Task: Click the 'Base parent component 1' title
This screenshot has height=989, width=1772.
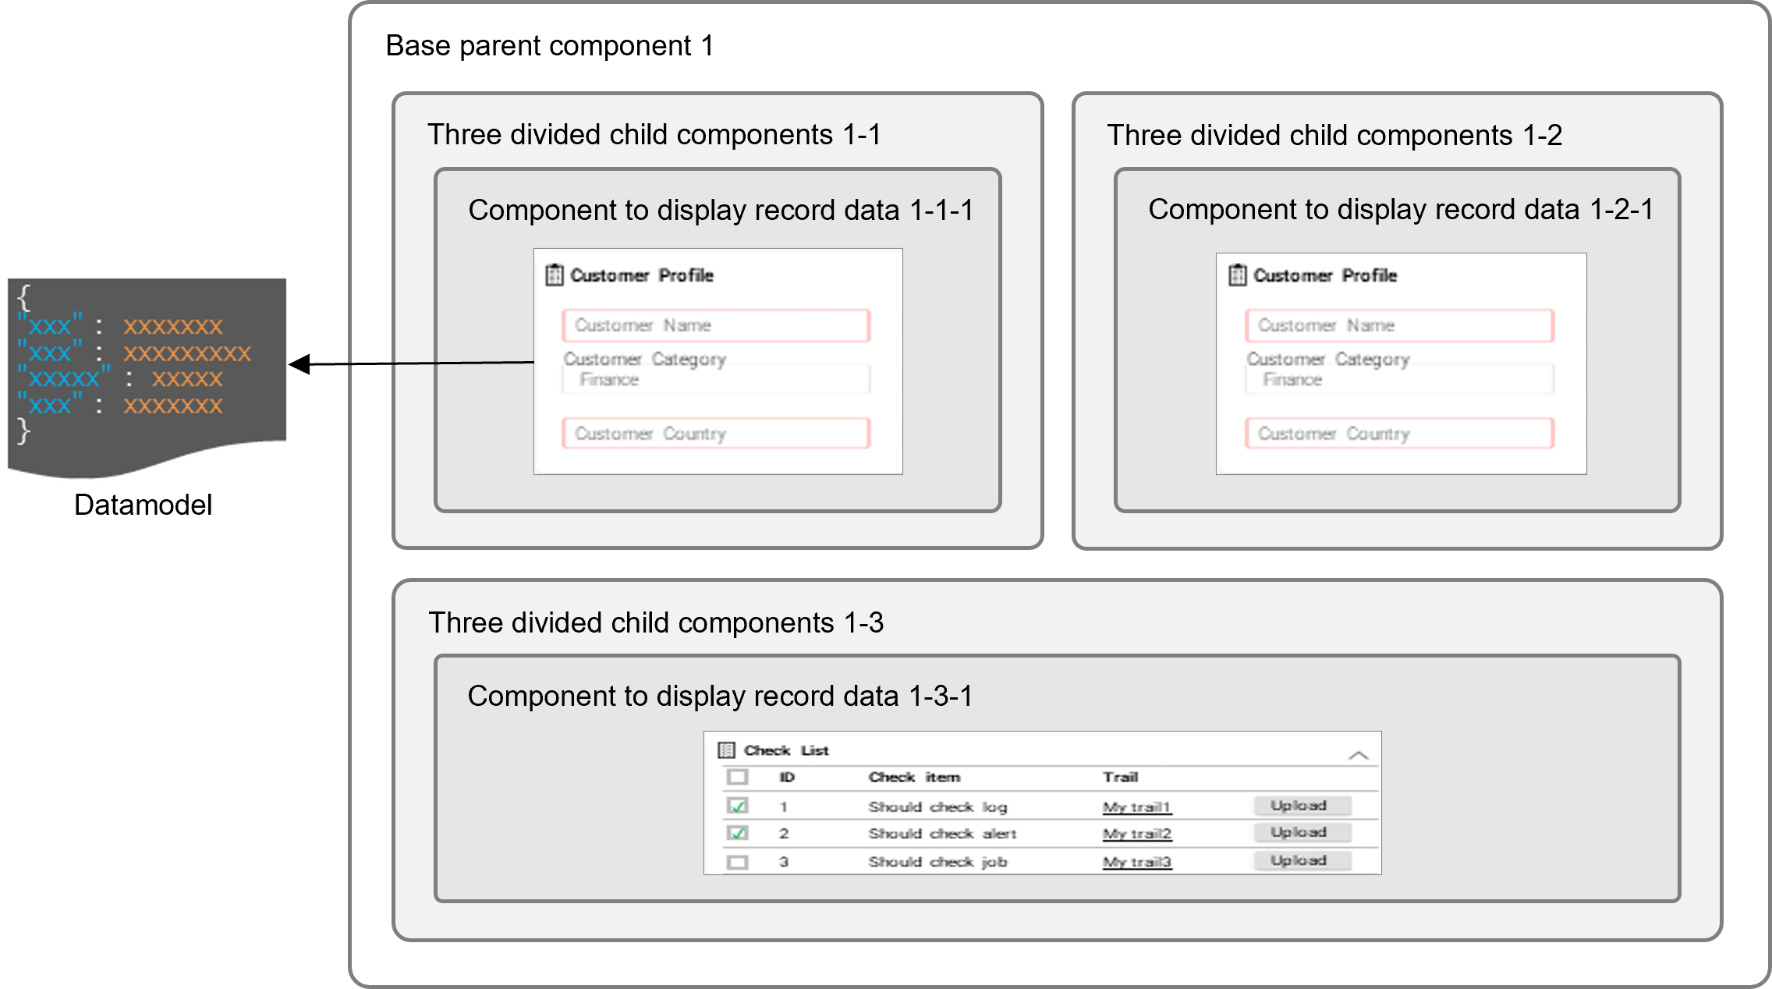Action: pyautogui.click(x=549, y=46)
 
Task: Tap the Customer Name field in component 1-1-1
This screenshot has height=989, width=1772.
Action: pyautogui.click(x=715, y=325)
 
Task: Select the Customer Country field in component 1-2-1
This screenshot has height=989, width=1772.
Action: pyautogui.click(x=1398, y=434)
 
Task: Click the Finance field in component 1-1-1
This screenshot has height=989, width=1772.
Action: pyautogui.click(x=715, y=380)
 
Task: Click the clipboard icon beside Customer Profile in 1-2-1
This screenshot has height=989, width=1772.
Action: pyautogui.click(x=1237, y=275)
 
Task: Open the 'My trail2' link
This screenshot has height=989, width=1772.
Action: pyautogui.click(x=1136, y=834)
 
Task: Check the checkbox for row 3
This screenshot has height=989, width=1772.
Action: pyautogui.click(x=737, y=863)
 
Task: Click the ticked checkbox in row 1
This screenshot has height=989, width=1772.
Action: pyautogui.click(x=737, y=806)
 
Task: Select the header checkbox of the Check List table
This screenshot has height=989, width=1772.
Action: pyautogui.click(x=737, y=777)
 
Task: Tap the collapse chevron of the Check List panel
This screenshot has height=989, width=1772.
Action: pyautogui.click(x=1358, y=755)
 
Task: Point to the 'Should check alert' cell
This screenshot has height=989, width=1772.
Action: pyautogui.click(x=942, y=834)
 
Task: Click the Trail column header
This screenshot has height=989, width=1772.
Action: pyautogui.click(x=1120, y=777)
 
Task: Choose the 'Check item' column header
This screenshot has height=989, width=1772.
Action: pyautogui.click(x=914, y=777)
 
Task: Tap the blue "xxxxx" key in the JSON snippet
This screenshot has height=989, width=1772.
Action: pyautogui.click(x=64, y=379)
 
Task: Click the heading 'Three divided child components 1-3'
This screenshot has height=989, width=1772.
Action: pyautogui.click(x=655, y=622)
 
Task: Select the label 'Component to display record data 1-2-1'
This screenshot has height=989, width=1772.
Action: pyautogui.click(x=1400, y=210)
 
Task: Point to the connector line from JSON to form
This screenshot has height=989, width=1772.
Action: pyautogui.click(x=441, y=363)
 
